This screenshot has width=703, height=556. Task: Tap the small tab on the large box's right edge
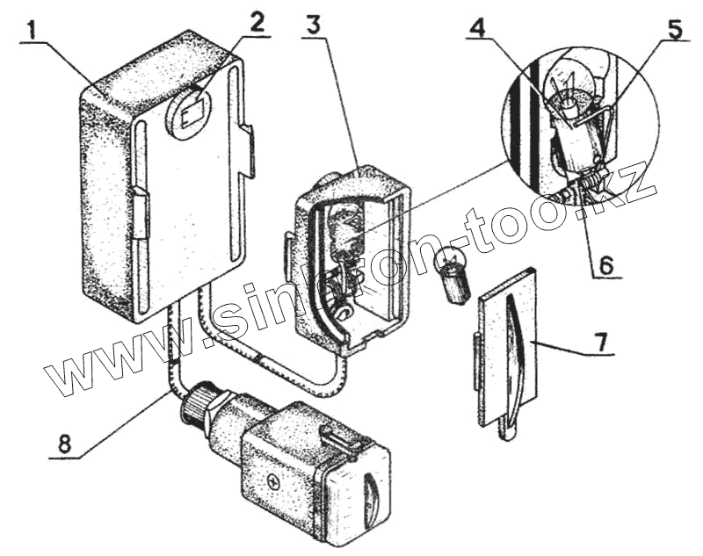[248, 149]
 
